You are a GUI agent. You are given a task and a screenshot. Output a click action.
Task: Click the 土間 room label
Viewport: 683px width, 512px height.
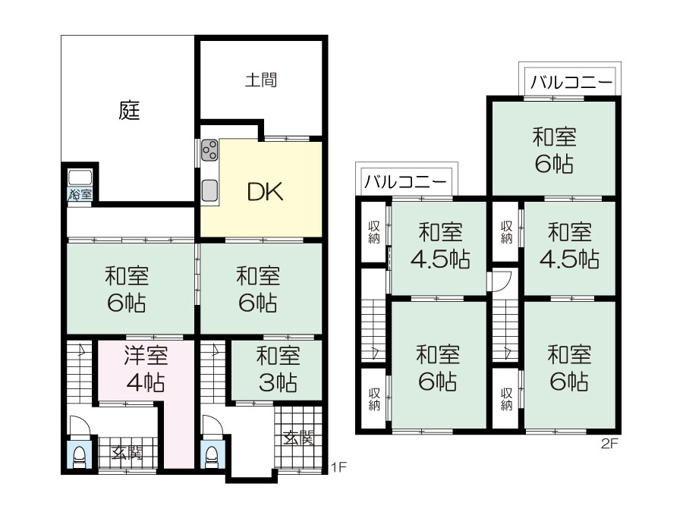tap(261, 80)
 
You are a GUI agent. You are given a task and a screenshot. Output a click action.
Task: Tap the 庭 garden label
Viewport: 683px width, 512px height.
tap(129, 110)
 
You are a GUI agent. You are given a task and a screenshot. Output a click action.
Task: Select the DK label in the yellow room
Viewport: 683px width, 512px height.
tap(266, 192)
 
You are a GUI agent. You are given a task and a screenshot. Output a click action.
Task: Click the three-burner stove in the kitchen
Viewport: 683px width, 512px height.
tap(209, 149)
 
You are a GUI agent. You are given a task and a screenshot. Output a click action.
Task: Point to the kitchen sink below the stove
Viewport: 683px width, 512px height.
tap(209, 190)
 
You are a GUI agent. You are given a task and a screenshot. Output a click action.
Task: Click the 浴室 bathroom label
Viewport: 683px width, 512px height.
tap(80, 193)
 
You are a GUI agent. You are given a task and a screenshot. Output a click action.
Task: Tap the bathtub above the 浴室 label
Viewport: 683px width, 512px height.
tap(80, 177)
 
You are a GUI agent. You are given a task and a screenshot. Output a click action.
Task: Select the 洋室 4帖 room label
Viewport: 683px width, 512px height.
tap(146, 369)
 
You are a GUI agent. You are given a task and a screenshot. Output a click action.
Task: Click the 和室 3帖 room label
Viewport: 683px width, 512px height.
tap(278, 369)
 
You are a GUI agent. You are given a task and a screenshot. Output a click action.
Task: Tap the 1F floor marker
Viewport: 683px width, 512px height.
tap(338, 467)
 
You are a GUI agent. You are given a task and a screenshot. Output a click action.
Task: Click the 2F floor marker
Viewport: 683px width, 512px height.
tap(610, 444)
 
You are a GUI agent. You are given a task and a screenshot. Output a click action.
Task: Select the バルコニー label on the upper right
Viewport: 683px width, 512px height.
tap(571, 82)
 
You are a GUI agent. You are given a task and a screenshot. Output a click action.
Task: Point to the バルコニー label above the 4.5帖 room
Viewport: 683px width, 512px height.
tap(405, 181)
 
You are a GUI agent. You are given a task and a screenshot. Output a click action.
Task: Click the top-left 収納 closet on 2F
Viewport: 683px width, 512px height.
tap(374, 232)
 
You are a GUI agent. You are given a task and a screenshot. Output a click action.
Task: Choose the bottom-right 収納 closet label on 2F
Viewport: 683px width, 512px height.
tap(506, 399)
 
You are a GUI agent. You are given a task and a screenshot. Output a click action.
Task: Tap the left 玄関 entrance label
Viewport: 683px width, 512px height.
tap(127, 454)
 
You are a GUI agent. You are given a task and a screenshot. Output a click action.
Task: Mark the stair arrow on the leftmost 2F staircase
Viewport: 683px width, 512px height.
tap(375, 352)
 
